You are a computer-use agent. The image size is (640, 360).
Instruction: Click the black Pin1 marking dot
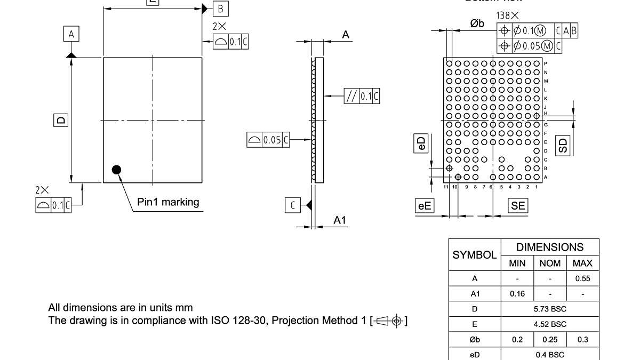pyautogui.click(x=116, y=170)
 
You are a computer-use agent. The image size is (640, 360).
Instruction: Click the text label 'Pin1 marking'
pyautogui.click(x=168, y=202)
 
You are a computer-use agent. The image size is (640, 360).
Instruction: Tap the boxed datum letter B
pyautogui.click(x=221, y=9)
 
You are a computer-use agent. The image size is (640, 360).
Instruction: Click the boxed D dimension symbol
pyautogui.click(x=61, y=121)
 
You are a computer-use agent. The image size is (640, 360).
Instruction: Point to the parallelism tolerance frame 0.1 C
pyautogui.click(x=362, y=97)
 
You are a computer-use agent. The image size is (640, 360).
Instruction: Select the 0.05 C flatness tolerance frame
pyautogui.click(x=268, y=140)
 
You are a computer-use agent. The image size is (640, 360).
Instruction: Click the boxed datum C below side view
pyautogui.click(x=292, y=205)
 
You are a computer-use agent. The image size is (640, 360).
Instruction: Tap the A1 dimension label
pyautogui.click(x=340, y=220)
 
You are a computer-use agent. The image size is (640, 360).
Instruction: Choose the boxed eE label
pyautogui.click(x=425, y=206)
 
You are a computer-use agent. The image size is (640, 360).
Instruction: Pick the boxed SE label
pyautogui.click(x=518, y=206)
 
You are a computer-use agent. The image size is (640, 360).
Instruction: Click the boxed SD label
pyautogui.click(x=563, y=145)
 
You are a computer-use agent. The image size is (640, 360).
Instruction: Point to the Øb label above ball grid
pyautogui.click(x=477, y=23)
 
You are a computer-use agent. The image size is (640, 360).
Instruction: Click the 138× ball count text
pyautogui.click(x=507, y=16)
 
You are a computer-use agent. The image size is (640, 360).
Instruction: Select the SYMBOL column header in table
pyautogui.click(x=474, y=255)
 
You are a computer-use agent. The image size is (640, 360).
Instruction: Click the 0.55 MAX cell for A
pyautogui.click(x=582, y=278)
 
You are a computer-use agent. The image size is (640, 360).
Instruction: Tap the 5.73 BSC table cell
pyautogui.click(x=550, y=309)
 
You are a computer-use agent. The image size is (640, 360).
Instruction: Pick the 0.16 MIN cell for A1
pyautogui.click(x=517, y=294)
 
